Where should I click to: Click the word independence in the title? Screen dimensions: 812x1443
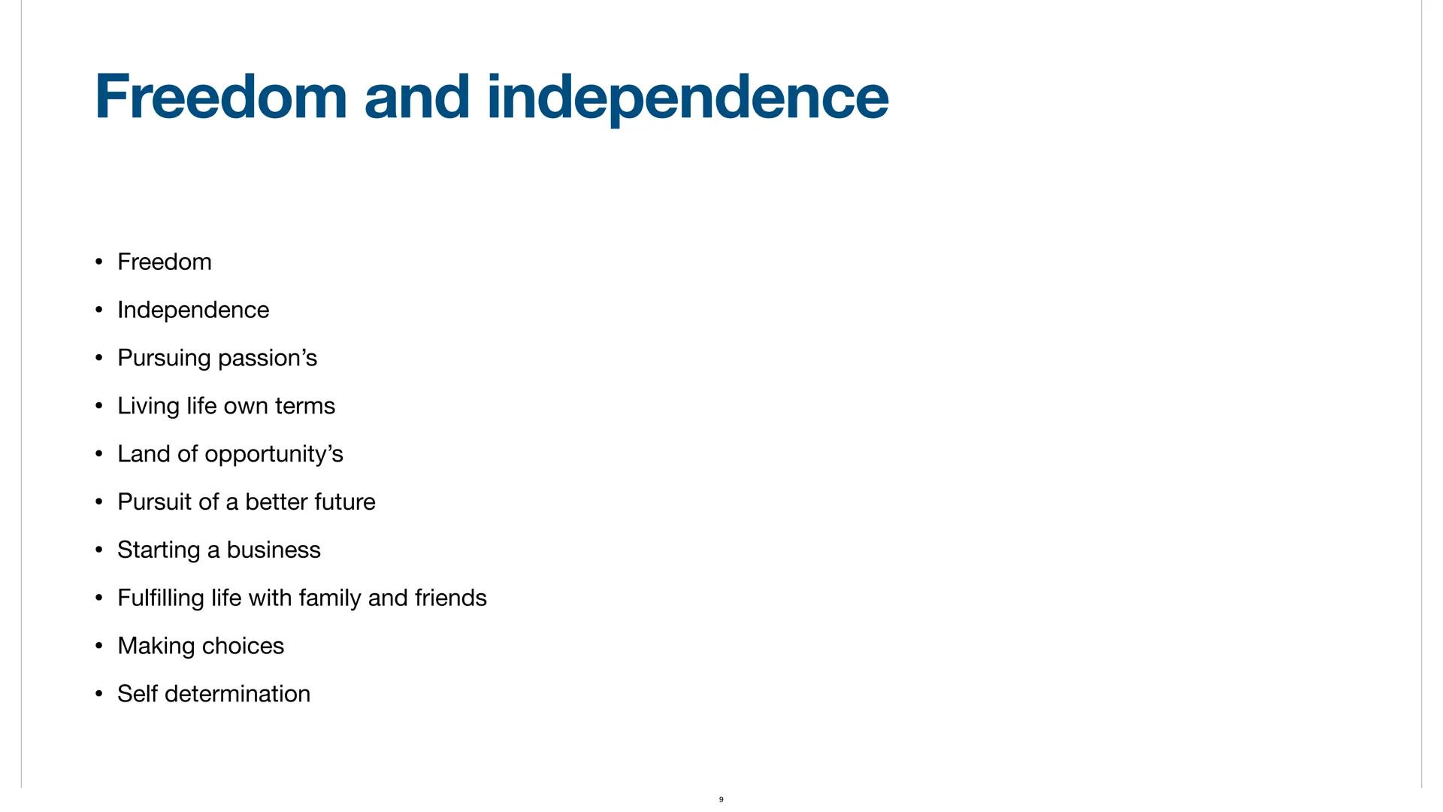click(687, 98)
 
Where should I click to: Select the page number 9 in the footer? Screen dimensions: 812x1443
click(721, 799)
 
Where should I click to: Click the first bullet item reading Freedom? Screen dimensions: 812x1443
click(165, 262)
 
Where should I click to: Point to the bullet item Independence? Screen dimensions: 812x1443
click(193, 310)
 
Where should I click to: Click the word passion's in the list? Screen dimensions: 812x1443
click(268, 359)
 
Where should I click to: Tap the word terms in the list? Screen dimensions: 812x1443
click(305, 406)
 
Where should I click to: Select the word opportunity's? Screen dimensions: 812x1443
click(274, 455)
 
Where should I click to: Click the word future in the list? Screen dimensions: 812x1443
click(345, 501)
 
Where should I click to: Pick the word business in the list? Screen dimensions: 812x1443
click(274, 550)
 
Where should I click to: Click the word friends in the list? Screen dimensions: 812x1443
click(450, 598)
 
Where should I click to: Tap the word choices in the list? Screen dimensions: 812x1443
click(243, 646)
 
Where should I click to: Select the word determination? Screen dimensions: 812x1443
click(237, 694)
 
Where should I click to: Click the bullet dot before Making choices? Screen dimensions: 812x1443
click(98, 646)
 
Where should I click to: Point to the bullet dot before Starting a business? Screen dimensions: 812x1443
click(98, 550)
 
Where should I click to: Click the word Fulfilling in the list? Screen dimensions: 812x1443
click(161, 598)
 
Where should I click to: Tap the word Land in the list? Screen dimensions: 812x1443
click(144, 454)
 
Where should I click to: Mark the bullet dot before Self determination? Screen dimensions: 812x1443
click(98, 694)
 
